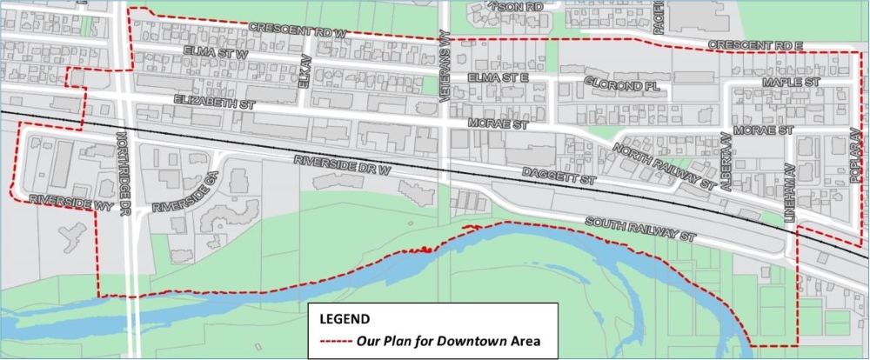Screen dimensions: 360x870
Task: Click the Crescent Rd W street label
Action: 298,30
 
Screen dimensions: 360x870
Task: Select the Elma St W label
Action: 216,52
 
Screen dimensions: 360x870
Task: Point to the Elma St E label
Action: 498,78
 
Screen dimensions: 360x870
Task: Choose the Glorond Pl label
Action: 622,86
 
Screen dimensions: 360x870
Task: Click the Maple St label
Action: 791,82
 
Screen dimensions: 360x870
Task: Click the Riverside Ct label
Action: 184,195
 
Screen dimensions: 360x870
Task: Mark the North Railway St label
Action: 665,166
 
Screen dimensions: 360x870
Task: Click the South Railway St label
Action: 642,230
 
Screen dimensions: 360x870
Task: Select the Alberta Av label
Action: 725,161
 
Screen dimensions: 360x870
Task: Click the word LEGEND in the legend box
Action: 345,317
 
